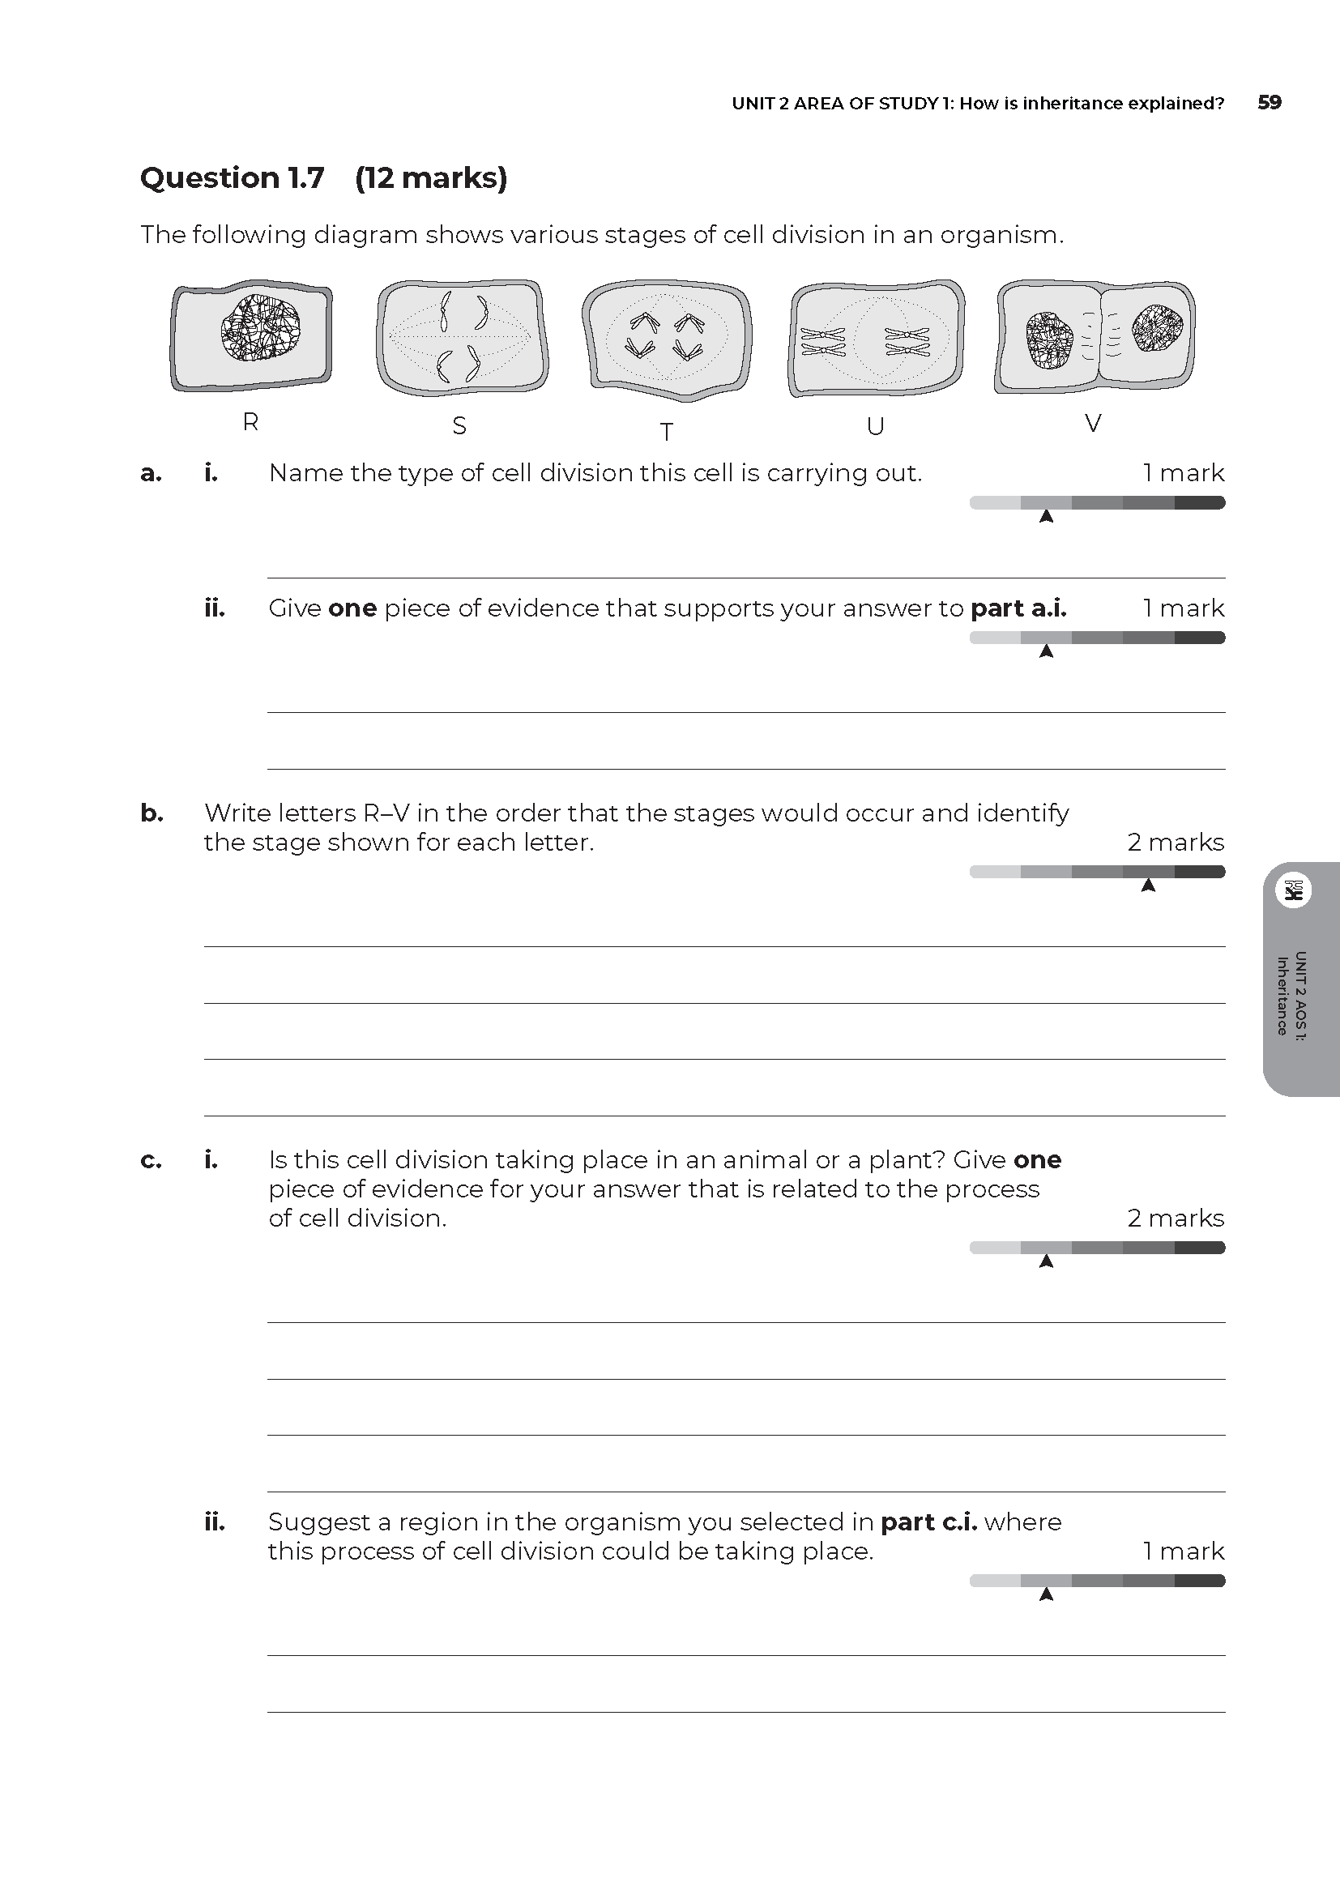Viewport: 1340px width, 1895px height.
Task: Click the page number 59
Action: [x=1269, y=102]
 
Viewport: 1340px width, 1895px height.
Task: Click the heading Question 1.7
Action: [x=233, y=177]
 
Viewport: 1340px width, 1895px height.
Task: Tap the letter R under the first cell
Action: [x=251, y=423]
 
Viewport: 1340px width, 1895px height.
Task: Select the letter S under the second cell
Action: [x=459, y=426]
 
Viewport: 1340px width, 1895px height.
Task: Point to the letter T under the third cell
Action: [x=667, y=432]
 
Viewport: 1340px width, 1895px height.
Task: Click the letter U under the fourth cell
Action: [x=876, y=427]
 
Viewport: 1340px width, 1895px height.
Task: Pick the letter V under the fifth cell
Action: [x=1093, y=424]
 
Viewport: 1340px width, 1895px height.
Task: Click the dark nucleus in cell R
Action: [x=260, y=328]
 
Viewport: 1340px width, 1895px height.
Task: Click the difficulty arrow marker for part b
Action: [x=1148, y=886]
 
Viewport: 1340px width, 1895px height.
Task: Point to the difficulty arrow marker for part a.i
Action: [x=1046, y=517]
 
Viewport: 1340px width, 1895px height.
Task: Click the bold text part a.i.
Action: [x=1018, y=608]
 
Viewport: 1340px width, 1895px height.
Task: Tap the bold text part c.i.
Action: [x=929, y=1522]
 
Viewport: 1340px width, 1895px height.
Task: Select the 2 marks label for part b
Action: [x=1176, y=842]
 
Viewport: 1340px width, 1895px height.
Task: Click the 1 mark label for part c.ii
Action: [x=1183, y=1551]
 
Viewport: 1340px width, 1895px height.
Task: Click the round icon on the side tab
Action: [x=1293, y=890]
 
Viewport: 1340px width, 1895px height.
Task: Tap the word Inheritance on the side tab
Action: [x=1282, y=996]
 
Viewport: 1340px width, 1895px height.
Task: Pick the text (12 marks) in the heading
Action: [x=431, y=177]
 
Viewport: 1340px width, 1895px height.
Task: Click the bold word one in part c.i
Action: [x=1037, y=1159]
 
